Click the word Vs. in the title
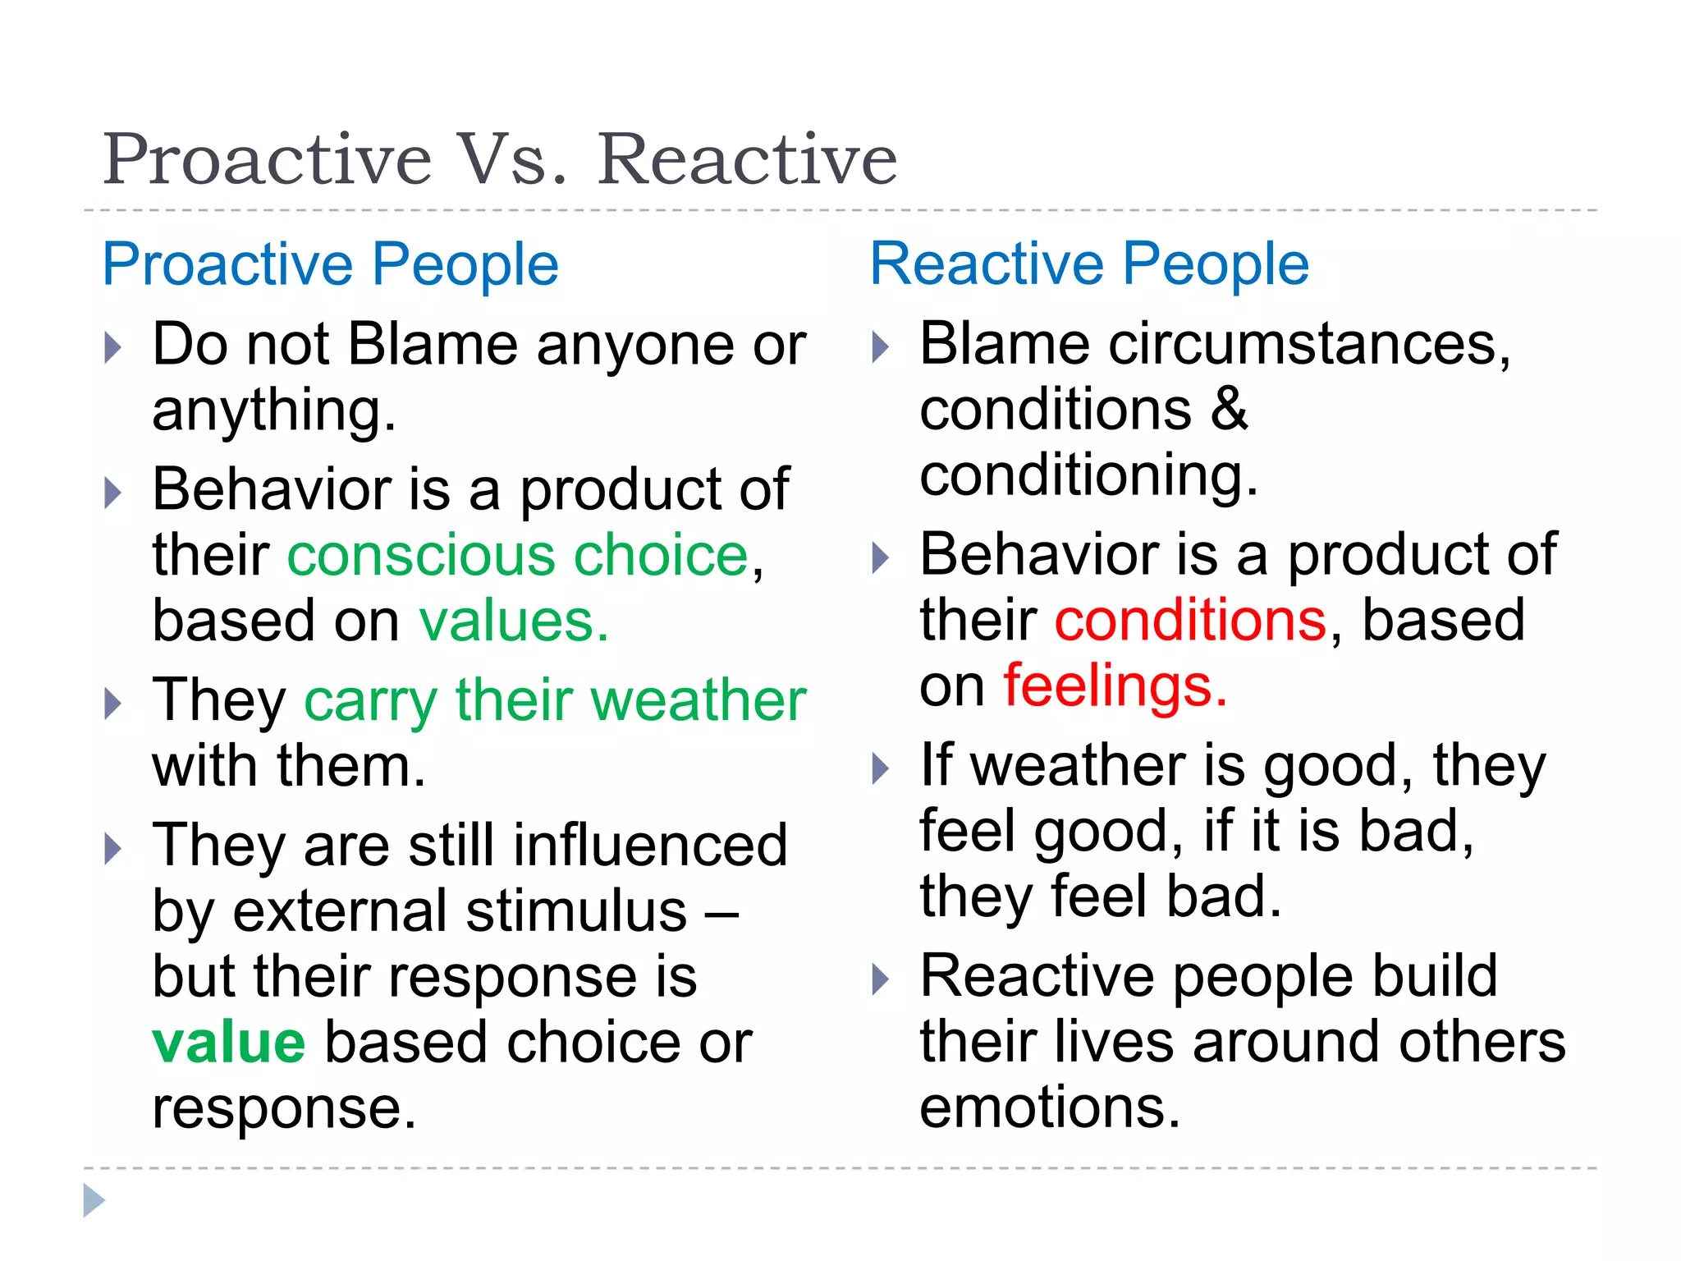pyautogui.click(x=512, y=159)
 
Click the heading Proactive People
pyautogui.click(x=331, y=264)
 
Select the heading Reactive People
pyautogui.click(x=1089, y=264)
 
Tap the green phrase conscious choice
pyautogui.click(x=518, y=556)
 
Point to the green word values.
pyautogui.click(x=514, y=621)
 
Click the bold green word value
pyautogui.click(x=229, y=1042)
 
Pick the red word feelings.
pyautogui.click(x=1115, y=686)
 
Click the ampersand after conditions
pyautogui.click(x=1229, y=410)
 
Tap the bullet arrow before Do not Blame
pyautogui.click(x=113, y=347)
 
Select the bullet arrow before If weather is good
pyautogui.click(x=880, y=768)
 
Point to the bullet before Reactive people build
pyautogui.click(x=880, y=979)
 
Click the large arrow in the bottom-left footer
pyautogui.click(x=94, y=1200)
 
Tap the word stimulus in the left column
pyautogui.click(x=576, y=911)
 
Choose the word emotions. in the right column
pyautogui.click(x=1050, y=1107)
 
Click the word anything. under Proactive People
pyautogui.click(x=274, y=410)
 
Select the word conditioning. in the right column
pyautogui.click(x=1088, y=475)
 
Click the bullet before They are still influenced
pyautogui.click(x=113, y=848)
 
